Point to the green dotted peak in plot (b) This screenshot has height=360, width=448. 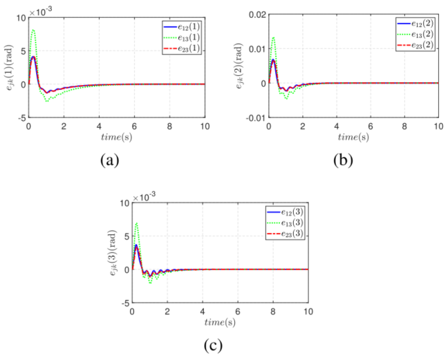tap(273, 37)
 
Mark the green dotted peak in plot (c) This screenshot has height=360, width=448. tap(137, 223)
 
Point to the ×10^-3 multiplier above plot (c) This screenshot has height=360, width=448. tap(144, 196)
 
